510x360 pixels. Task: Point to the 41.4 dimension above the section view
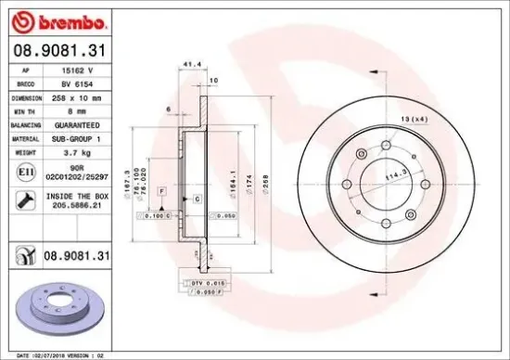(x=193, y=65)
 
